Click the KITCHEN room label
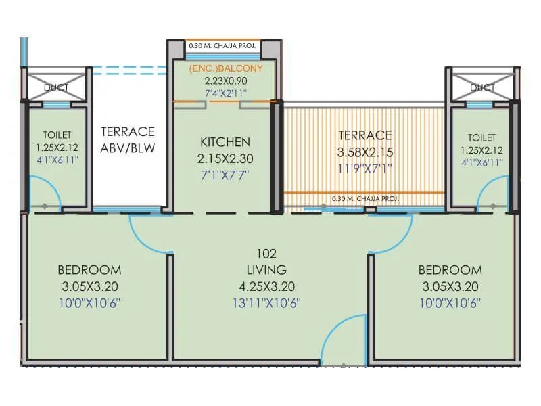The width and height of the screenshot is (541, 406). tap(225, 142)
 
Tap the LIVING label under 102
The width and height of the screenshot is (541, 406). tap(267, 270)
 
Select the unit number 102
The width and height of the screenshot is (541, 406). tap(267, 254)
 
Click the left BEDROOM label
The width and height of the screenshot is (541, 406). tap(90, 269)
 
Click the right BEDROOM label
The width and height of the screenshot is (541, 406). tap(452, 269)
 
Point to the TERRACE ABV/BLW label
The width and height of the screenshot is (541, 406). tap(128, 139)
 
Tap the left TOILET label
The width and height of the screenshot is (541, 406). tap(57, 136)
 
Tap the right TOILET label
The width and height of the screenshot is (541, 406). tap(481, 137)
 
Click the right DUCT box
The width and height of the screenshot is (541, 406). tap(481, 85)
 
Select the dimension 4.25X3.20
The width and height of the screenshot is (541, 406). tap(267, 286)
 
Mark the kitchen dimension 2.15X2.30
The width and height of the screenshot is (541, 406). tap(225, 158)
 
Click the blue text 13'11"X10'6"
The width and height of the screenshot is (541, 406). tap(267, 302)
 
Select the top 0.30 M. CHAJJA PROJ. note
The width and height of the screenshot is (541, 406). tap(222, 47)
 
